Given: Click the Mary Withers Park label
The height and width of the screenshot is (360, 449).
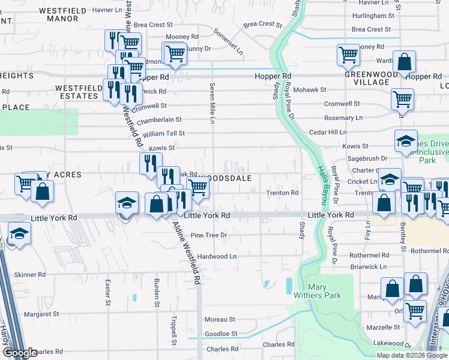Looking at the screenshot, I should click(x=324, y=290).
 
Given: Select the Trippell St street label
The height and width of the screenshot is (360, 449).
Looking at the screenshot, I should click(x=173, y=331).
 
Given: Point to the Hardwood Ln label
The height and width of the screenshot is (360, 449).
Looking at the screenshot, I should click(x=217, y=256).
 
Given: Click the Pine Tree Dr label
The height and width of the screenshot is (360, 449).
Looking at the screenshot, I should click(x=208, y=235).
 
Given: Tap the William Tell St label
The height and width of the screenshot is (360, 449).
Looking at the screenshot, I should click(x=163, y=133).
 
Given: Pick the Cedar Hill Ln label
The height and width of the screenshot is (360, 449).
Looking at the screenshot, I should click(x=328, y=132).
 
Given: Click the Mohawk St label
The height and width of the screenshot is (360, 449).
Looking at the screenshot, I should click(x=312, y=89).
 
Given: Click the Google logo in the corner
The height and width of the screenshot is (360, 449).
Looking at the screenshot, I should click(x=20, y=353).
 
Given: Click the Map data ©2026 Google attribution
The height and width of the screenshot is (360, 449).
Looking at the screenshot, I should click(x=412, y=355).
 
